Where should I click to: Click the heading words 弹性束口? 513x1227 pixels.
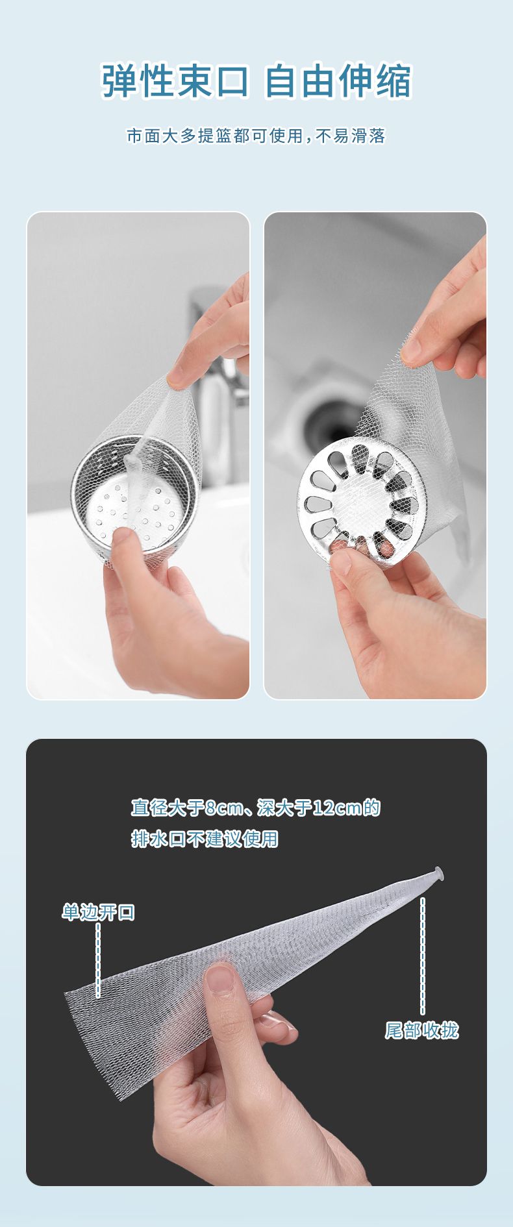click(175, 81)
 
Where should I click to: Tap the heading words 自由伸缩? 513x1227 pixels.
click(338, 81)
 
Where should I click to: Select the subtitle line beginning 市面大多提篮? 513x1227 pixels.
click(256, 136)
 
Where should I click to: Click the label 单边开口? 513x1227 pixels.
click(98, 912)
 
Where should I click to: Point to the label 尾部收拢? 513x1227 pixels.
click(422, 1030)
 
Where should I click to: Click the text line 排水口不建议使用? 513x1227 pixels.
click(205, 839)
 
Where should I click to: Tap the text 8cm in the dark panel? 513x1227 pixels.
click(224, 808)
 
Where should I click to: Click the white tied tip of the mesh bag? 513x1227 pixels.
click(438, 873)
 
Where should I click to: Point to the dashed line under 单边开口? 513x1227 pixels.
click(98, 960)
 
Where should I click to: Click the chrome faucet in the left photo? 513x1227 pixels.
click(218, 383)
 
